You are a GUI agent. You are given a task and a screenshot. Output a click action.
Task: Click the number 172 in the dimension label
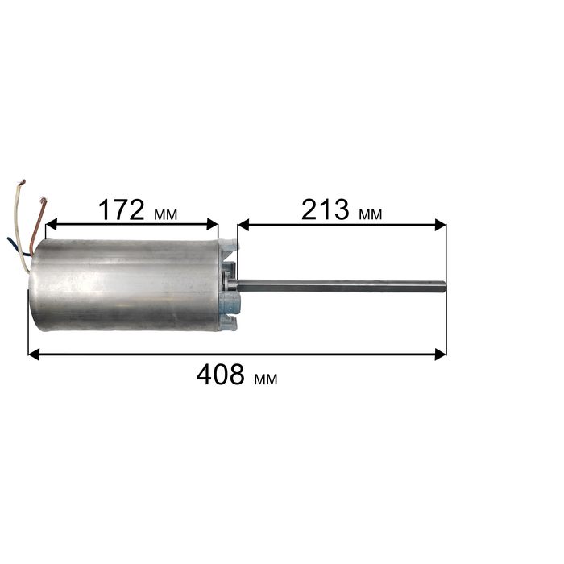121,210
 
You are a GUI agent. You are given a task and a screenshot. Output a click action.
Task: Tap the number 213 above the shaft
326,210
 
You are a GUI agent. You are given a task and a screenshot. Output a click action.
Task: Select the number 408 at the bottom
221,375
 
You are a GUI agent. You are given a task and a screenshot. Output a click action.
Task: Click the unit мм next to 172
165,215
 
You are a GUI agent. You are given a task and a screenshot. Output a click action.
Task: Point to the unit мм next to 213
370,215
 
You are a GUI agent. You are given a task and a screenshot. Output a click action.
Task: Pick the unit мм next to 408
265,379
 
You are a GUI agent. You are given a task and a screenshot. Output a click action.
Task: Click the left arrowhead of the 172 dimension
52,224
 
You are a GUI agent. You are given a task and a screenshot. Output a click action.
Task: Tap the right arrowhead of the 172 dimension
213,224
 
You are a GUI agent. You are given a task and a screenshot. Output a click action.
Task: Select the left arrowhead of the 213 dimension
243,225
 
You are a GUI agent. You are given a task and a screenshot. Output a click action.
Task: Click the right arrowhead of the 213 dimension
441,225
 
